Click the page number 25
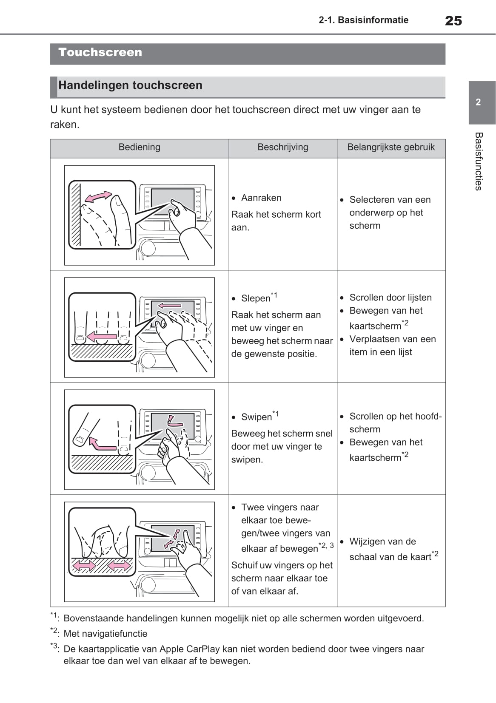(x=453, y=20)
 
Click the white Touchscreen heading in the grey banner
(x=100, y=52)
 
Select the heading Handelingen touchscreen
(x=130, y=85)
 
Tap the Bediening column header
(x=139, y=147)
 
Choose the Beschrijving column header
(x=283, y=147)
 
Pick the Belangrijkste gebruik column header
(x=391, y=147)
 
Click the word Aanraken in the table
(x=261, y=198)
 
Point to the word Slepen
(x=256, y=298)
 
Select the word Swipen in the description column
(x=257, y=417)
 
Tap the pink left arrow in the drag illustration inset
(x=102, y=337)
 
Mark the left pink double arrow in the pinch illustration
(x=85, y=566)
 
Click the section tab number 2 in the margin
(x=478, y=102)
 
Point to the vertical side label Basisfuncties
(x=478, y=162)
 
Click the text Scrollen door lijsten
(x=390, y=298)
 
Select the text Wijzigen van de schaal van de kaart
(x=391, y=549)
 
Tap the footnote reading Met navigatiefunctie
(x=105, y=634)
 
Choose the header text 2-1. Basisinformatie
(x=363, y=20)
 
